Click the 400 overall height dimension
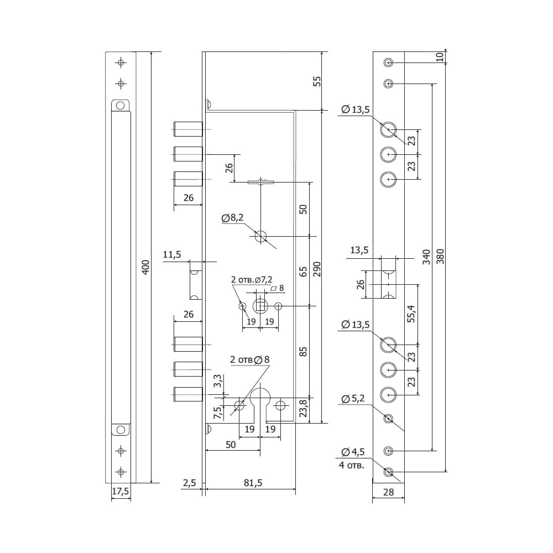coord(145,267)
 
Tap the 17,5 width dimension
coord(120,491)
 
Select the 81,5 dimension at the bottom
coord(253,483)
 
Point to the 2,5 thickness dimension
coord(189,483)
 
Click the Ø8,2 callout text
coord(232,218)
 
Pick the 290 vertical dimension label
coord(317,269)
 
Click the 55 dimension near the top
coord(317,81)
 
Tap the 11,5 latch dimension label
coord(172,254)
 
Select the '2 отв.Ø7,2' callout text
coord(252,280)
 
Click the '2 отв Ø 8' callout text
coord(250,359)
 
